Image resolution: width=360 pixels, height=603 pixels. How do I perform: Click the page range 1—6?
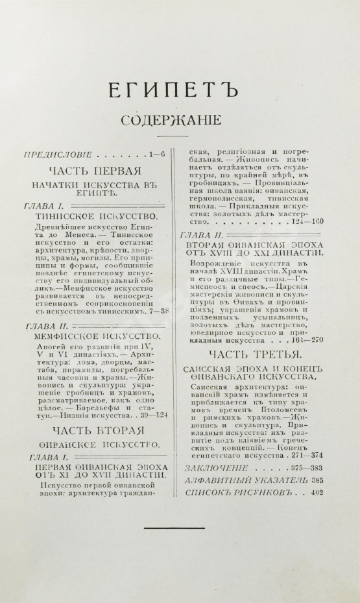point(157,154)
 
